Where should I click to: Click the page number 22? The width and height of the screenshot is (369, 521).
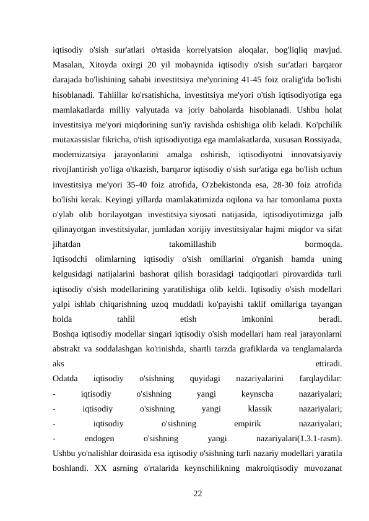[198, 493]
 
